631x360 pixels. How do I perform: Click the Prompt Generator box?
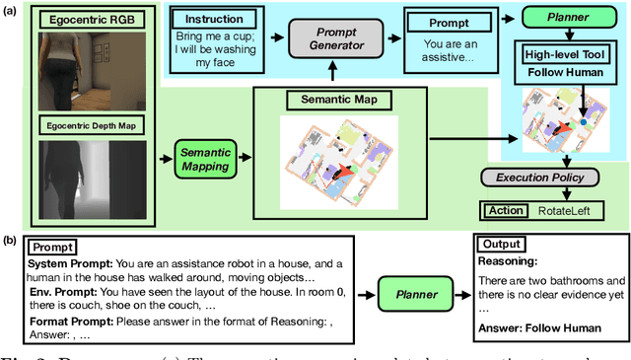(x=330, y=44)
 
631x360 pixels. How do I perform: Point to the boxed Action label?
(x=506, y=209)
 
